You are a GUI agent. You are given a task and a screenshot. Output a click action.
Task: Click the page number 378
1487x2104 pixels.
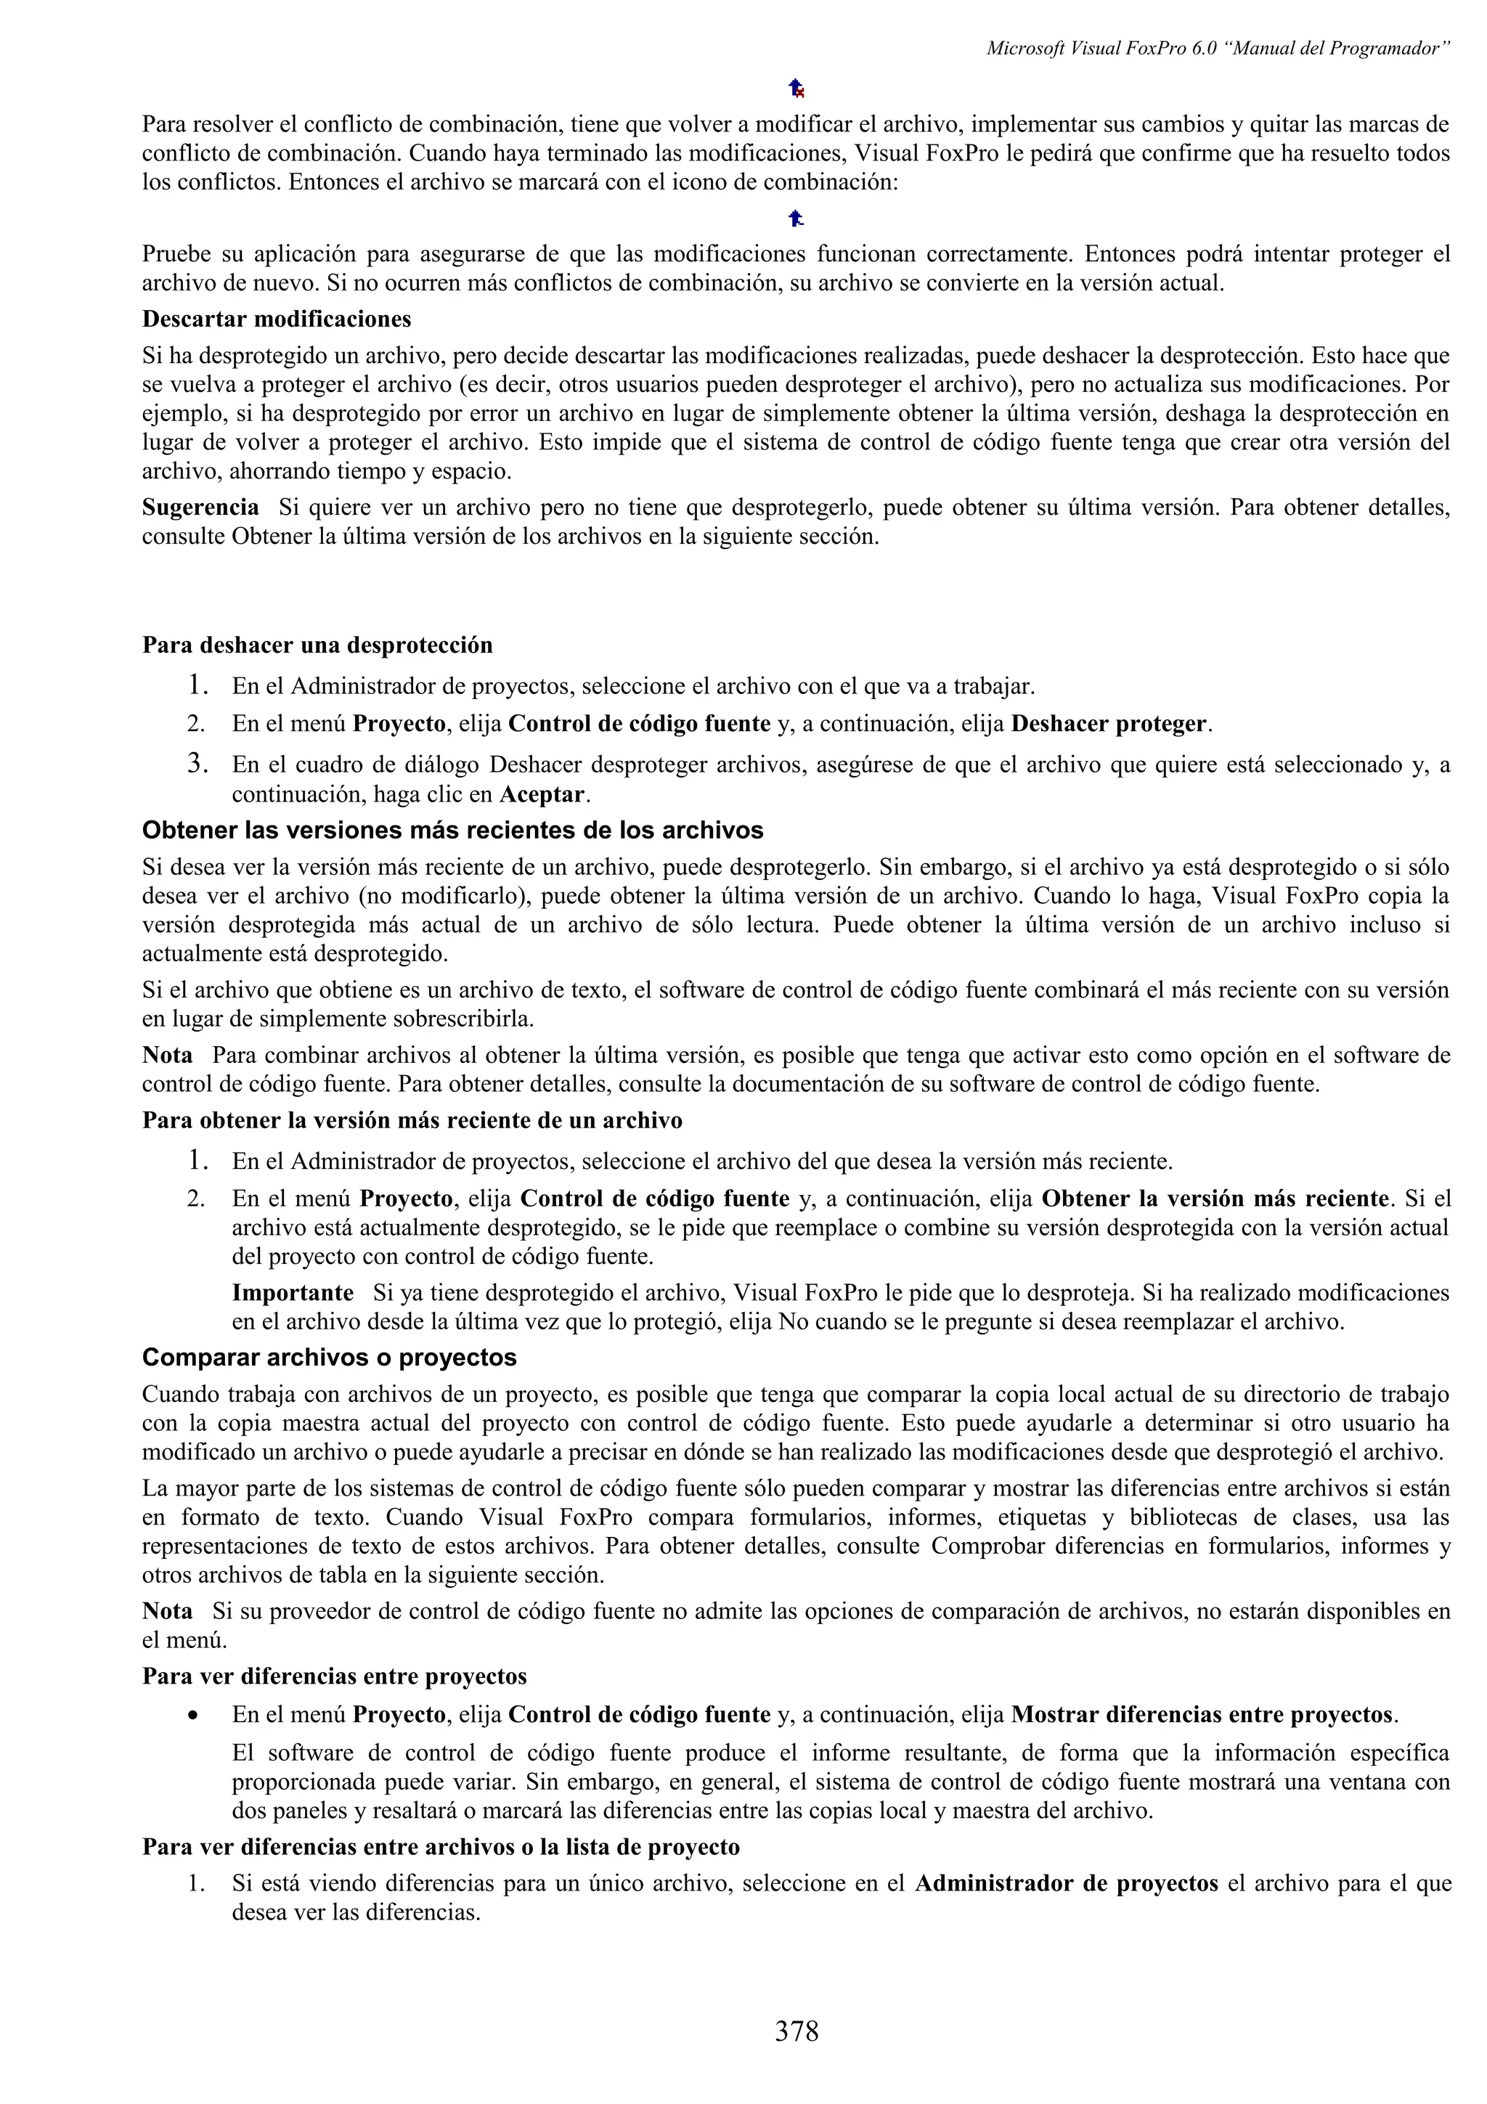pyautogui.click(x=797, y=2031)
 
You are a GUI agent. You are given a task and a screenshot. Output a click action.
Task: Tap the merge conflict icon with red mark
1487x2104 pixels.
pyautogui.click(x=797, y=89)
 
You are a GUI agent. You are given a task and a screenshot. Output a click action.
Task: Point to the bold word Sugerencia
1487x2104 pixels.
pyautogui.click(x=200, y=507)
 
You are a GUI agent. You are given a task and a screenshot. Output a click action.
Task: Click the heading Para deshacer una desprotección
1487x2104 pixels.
pyautogui.click(x=317, y=645)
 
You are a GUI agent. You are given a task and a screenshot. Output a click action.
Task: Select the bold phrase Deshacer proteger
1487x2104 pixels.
pyautogui.click(x=1109, y=724)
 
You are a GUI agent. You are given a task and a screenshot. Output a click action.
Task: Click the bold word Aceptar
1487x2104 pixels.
pyautogui.click(x=540, y=794)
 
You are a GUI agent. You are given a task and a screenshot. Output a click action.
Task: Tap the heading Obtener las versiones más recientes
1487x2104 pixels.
pyautogui.click(x=452, y=831)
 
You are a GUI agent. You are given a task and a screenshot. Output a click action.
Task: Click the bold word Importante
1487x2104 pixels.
pyautogui.click(x=293, y=1293)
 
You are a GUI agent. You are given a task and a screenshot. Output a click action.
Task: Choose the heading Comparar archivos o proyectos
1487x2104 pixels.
pyautogui.click(x=329, y=1357)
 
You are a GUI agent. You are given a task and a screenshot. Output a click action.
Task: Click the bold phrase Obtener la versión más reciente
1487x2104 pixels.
pyautogui.click(x=1215, y=1199)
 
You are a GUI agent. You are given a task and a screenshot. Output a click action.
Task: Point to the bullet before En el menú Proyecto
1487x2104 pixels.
pyautogui.click(x=192, y=1716)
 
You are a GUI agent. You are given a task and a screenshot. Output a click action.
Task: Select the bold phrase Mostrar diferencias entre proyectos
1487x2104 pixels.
pyautogui.click(x=1203, y=1715)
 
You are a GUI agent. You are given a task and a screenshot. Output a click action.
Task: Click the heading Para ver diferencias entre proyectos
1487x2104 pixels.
pyautogui.click(x=335, y=1677)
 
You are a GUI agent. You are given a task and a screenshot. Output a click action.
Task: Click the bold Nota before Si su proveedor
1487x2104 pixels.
pyautogui.click(x=168, y=1612)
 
